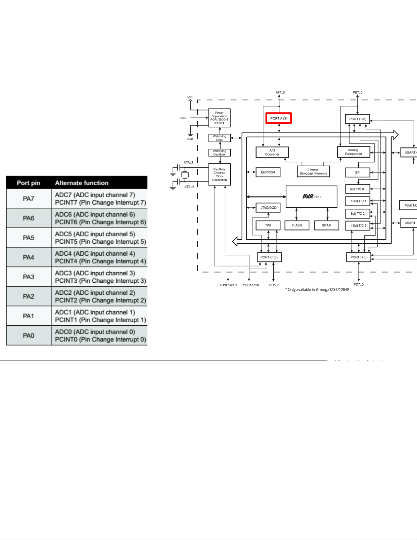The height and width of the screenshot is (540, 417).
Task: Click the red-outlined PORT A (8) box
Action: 278,119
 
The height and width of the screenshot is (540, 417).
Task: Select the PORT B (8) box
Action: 357,119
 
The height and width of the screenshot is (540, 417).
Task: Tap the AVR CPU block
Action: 311,197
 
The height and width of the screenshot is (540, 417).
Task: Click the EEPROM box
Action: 268,172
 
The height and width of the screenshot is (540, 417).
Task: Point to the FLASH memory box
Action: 296,225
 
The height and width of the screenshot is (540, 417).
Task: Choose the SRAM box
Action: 326,225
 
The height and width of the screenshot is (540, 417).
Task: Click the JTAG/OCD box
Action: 268,207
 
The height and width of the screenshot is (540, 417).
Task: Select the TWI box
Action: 268,225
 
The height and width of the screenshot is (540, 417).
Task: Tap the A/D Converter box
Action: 272,152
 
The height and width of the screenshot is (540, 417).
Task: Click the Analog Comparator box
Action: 353,152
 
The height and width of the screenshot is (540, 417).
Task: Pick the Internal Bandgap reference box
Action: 313,171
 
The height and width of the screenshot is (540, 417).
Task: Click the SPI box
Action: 357,172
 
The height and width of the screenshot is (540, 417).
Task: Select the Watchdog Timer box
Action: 219,138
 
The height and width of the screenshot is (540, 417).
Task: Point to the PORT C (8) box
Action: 269,257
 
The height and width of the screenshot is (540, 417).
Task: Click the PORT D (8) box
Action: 359,257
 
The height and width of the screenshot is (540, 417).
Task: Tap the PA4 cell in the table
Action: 29,257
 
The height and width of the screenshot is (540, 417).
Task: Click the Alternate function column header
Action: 82,183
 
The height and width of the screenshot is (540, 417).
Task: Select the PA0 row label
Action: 29,336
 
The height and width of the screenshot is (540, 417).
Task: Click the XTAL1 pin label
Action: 188,163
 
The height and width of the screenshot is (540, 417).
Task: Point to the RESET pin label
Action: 183,118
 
